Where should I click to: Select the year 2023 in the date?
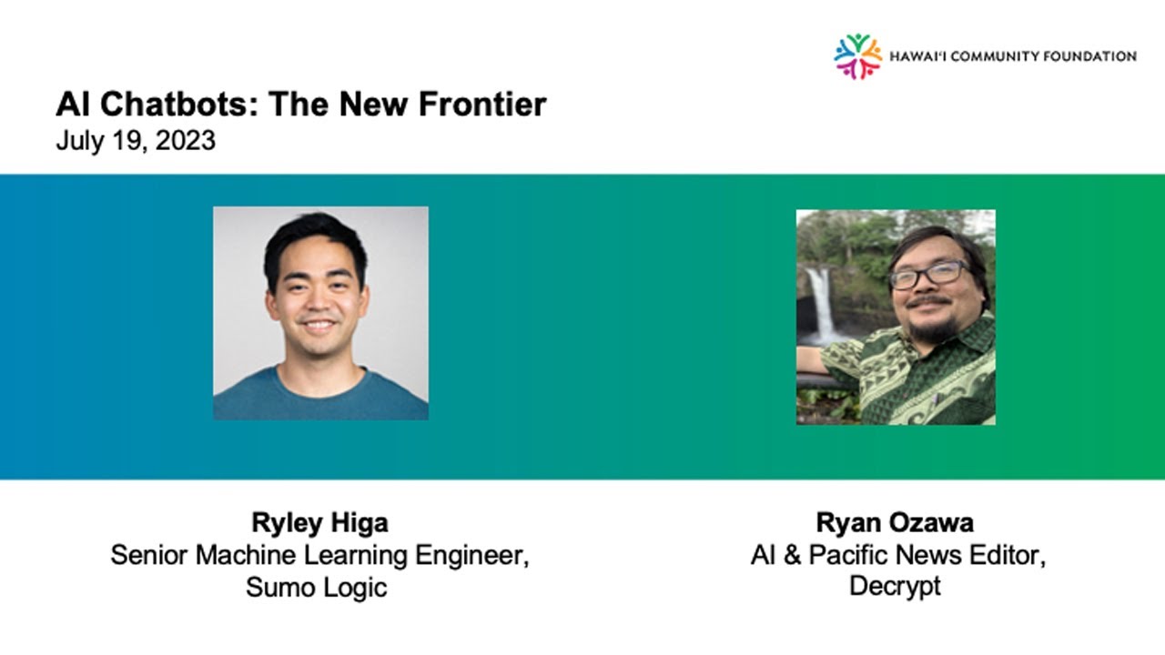coord(187,142)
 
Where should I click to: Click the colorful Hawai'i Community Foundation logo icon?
coord(857,56)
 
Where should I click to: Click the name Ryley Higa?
coord(319,523)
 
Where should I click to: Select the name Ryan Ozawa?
coord(895,523)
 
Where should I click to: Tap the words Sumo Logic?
coord(316,587)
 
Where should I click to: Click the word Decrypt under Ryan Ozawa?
coord(895,585)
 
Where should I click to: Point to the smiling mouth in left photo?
coord(318,324)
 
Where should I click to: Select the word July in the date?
coord(75,142)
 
